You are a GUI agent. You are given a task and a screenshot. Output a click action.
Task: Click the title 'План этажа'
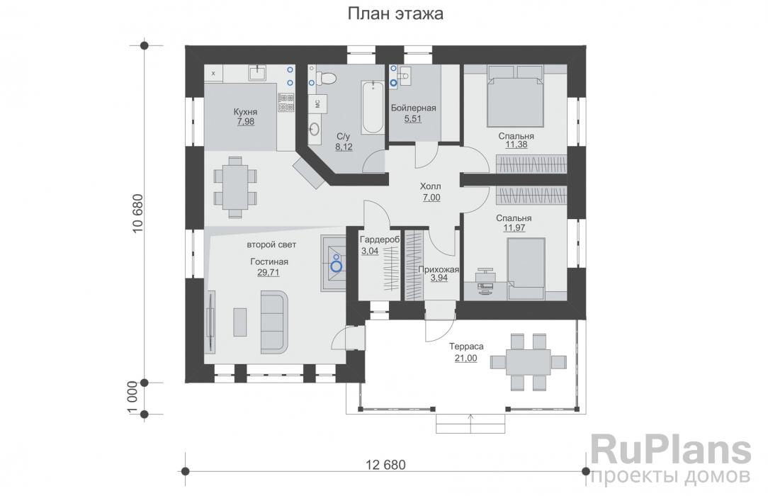click(395, 13)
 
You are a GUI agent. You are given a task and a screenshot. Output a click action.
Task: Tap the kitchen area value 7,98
click(245, 121)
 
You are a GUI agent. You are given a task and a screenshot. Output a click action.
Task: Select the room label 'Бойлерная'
click(413, 108)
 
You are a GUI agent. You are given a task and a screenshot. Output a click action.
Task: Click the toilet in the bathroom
click(327, 78)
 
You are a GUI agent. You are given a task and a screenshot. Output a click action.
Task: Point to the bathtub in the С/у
click(373, 107)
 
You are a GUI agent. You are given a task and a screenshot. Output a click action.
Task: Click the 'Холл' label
click(431, 186)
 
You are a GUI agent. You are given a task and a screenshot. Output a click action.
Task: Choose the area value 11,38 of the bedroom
click(516, 145)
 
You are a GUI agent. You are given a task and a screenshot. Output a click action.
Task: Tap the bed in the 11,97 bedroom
click(526, 269)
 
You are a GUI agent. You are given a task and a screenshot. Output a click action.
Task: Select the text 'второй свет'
click(271, 244)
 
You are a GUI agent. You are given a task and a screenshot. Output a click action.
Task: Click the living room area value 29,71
click(269, 272)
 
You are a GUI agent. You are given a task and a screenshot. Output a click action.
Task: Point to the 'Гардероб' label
click(380, 240)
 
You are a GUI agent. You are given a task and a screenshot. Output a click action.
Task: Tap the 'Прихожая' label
click(439, 269)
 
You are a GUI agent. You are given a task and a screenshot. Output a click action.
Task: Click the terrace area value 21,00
click(465, 358)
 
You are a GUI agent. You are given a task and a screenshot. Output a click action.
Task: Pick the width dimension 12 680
click(386, 464)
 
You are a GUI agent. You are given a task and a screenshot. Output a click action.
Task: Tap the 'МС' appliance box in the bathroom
click(317, 103)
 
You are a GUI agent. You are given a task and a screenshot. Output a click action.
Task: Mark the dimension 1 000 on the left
click(132, 398)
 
